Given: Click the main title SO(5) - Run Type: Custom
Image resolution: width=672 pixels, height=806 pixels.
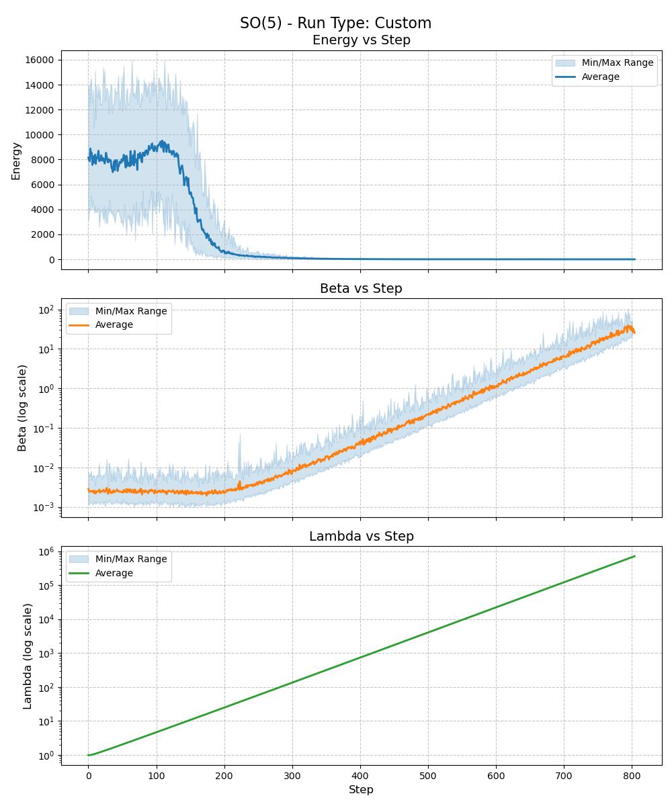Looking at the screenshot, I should tap(335, 23).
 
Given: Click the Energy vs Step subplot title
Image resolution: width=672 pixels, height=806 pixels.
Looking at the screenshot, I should tap(361, 40).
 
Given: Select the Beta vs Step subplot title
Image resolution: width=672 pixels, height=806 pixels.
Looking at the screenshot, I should tap(361, 289).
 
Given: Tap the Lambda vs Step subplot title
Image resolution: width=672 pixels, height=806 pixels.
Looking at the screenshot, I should tap(361, 537).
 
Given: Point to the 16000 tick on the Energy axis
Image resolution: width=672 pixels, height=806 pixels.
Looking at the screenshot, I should tap(40, 60).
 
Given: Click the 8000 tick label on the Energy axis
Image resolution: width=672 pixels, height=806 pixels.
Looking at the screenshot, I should tap(42, 160).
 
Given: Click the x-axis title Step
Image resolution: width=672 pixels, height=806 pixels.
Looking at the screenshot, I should tap(361, 790).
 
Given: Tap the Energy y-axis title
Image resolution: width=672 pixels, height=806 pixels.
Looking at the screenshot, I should tap(16, 161).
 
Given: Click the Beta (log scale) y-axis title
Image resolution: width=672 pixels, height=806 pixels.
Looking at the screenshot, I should tap(22, 408).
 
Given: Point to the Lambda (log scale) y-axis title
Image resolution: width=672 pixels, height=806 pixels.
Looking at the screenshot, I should tap(28, 656).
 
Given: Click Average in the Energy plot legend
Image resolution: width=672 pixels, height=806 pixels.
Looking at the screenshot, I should tap(600, 77).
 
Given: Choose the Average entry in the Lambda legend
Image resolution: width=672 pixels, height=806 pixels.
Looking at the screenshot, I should tap(114, 574).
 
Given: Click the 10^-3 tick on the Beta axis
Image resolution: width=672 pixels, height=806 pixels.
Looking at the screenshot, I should tap(44, 508).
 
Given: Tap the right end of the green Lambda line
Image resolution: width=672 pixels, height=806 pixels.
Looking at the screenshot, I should tap(634, 556).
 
